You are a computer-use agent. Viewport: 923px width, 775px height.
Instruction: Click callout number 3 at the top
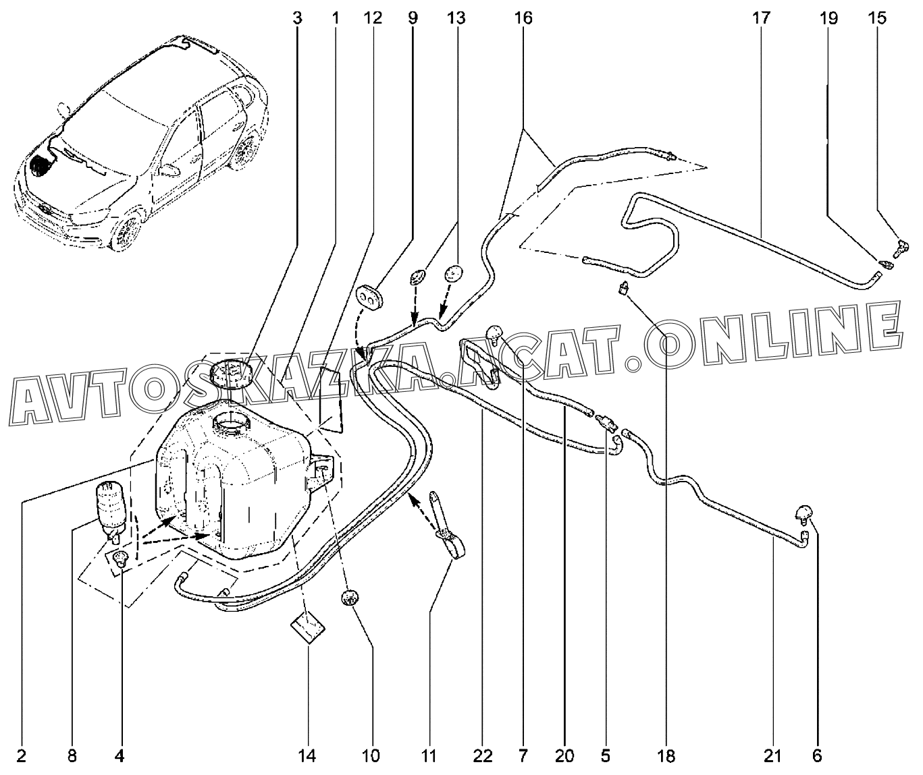(297, 18)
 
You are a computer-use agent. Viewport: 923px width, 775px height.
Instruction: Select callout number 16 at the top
(523, 18)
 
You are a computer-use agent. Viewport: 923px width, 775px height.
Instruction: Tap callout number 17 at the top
(761, 18)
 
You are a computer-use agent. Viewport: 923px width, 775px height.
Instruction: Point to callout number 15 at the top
(877, 18)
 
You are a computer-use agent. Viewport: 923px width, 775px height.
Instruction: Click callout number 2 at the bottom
(21, 756)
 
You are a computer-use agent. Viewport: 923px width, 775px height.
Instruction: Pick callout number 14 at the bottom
(307, 756)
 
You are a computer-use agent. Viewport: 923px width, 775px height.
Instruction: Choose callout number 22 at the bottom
(482, 756)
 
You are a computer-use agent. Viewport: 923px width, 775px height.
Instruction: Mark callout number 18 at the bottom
(666, 756)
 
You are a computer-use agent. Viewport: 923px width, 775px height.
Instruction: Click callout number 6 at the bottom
(817, 756)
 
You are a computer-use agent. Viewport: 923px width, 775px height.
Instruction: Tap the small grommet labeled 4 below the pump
(120, 558)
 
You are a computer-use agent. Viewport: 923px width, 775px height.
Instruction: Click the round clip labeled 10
(349, 598)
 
